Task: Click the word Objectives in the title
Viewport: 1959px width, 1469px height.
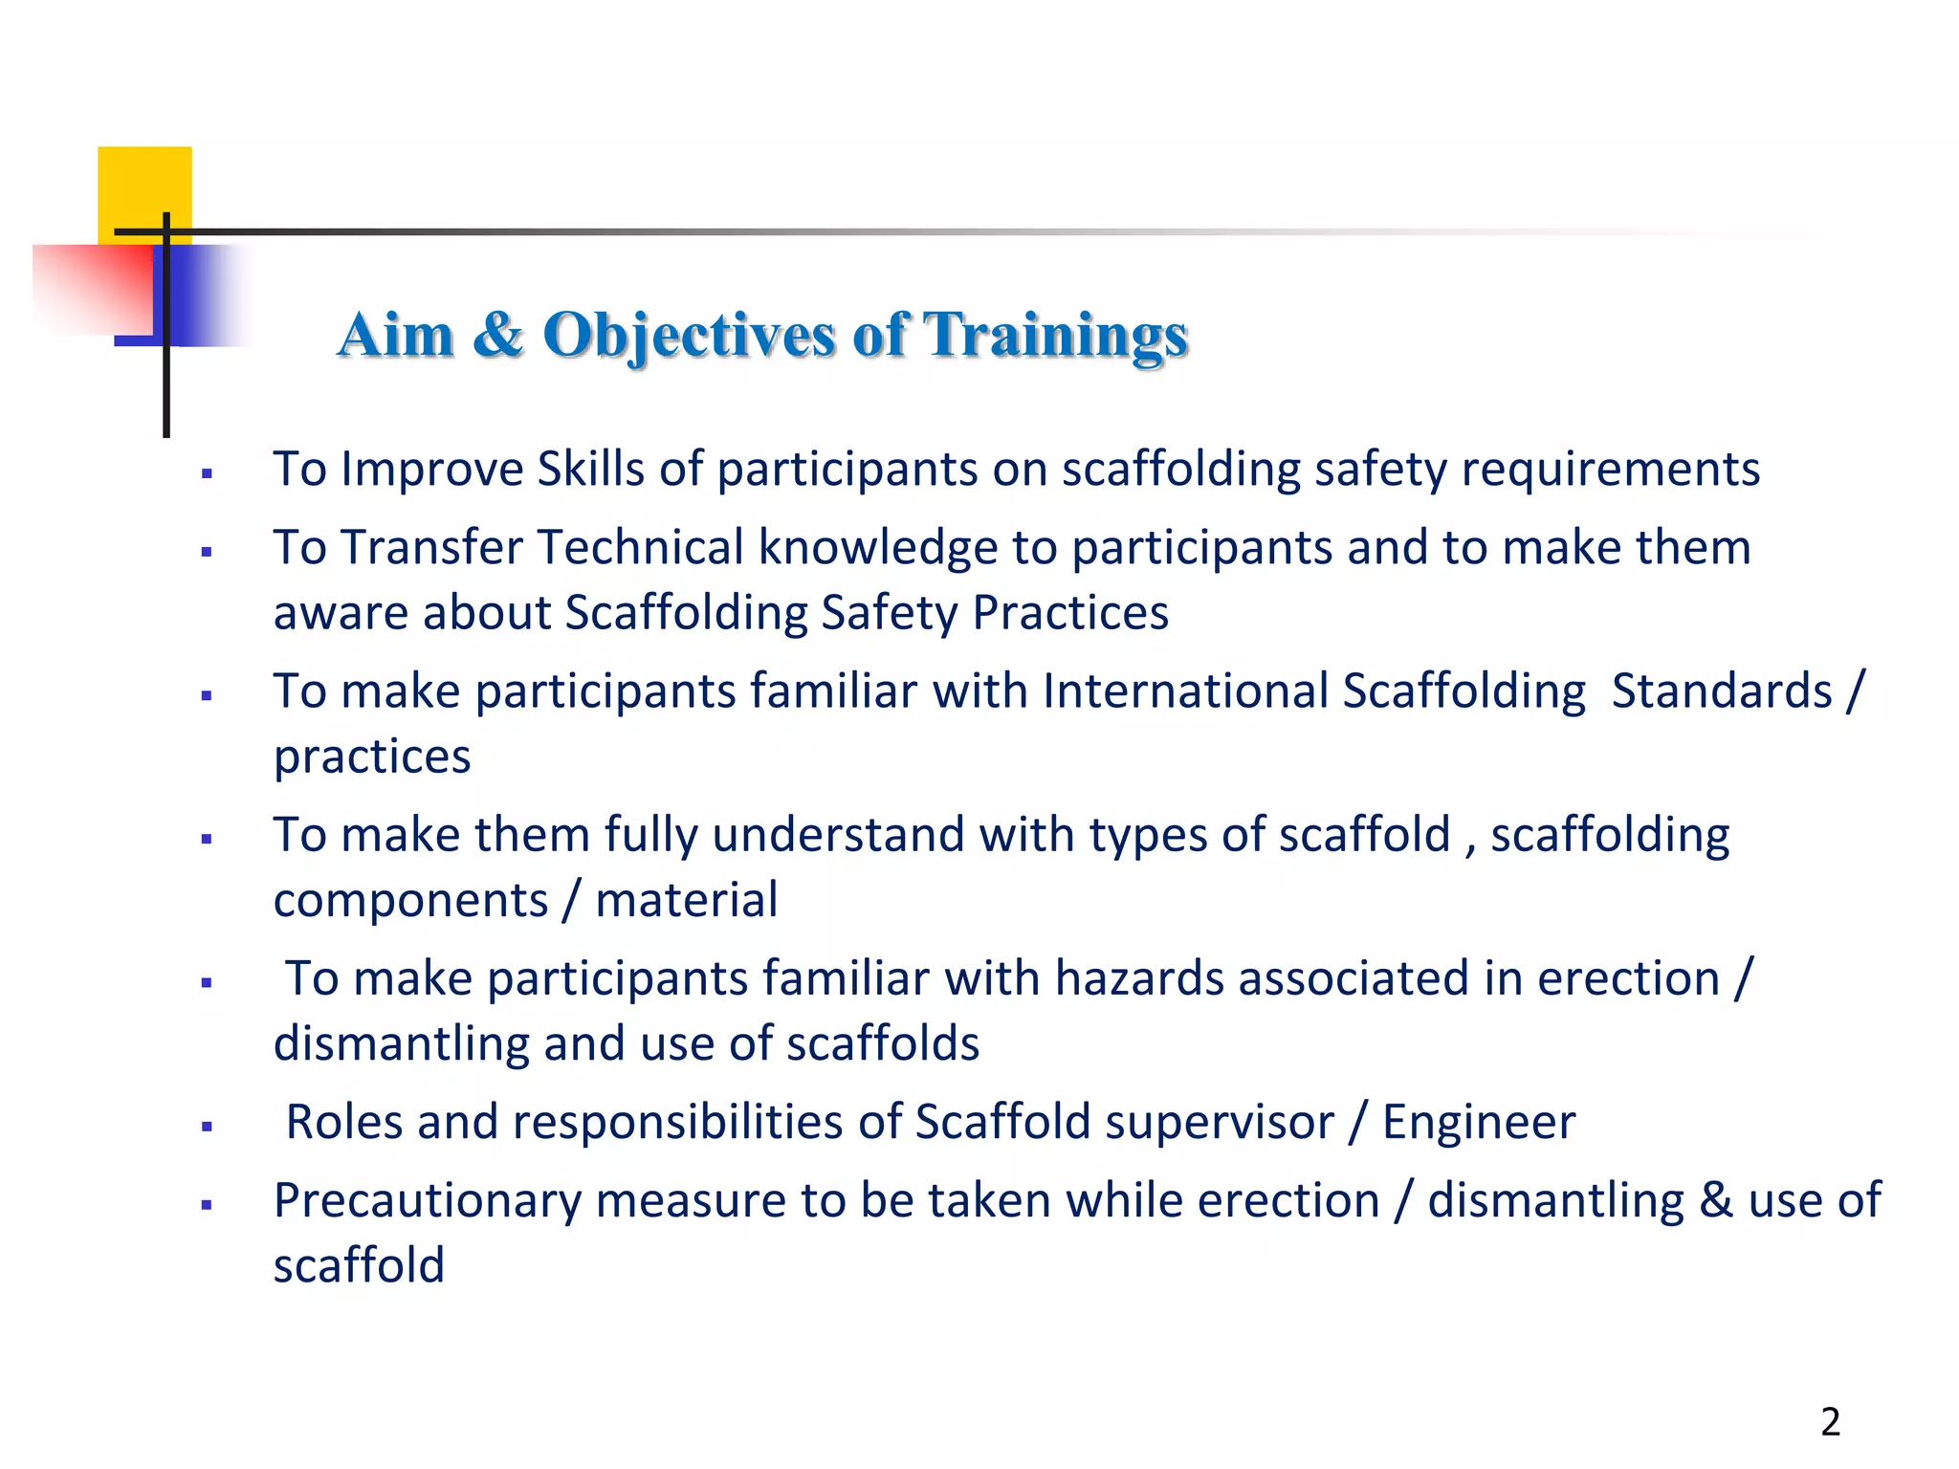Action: pos(689,336)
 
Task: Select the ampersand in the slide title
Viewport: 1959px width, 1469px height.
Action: pos(497,336)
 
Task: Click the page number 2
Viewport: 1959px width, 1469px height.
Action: pos(1830,1422)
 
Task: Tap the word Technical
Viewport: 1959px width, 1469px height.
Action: pos(640,548)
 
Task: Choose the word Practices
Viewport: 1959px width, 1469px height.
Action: pos(1070,613)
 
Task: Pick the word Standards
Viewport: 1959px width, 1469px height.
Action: pos(1722,691)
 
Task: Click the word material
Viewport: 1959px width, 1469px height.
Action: pos(686,901)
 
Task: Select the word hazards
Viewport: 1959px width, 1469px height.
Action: pos(1139,978)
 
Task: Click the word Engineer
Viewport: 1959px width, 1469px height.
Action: pos(1479,1122)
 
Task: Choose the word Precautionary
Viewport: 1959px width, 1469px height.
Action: pos(427,1201)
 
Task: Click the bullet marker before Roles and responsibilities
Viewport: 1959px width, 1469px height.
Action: pos(207,1127)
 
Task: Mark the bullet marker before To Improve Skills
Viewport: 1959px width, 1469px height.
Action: pos(207,473)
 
